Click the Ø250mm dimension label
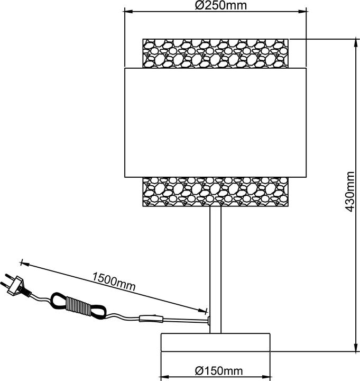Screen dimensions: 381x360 pyautogui.click(x=215, y=6)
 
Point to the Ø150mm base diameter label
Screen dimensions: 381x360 pyautogui.click(x=215, y=371)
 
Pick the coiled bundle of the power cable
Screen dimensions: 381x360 pyautogui.click(x=79, y=305)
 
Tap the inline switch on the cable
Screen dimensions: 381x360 pyautogui.click(x=151, y=319)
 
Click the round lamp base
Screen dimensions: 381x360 pyautogui.click(x=215, y=343)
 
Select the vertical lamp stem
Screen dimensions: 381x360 pyautogui.click(x=215, y=265)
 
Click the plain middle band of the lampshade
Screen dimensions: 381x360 pyautogui.click(x=215, y=122)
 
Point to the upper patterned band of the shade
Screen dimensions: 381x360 pyautogui.click(x=215, y=52)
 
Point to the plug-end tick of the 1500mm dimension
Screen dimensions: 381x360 pyautogui.click(x=22, y=262)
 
